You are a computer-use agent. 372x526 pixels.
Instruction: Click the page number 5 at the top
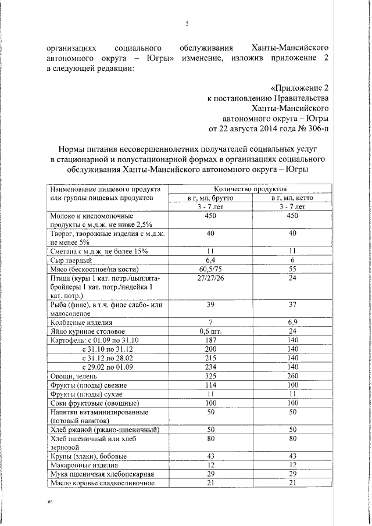[187, 23]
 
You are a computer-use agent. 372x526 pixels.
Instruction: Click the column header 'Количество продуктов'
[250, 189]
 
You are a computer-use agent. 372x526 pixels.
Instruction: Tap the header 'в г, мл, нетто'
[292, 198]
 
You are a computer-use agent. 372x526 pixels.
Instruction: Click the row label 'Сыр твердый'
[70, 261]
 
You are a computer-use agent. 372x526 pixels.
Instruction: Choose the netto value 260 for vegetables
[292, 376]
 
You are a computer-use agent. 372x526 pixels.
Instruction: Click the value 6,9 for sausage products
[292, 322]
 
